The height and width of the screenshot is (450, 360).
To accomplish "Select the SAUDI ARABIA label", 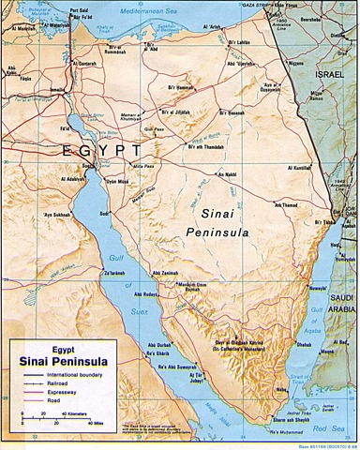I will (339, 280).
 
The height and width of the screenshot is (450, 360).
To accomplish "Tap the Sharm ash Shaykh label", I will (300, 422).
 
